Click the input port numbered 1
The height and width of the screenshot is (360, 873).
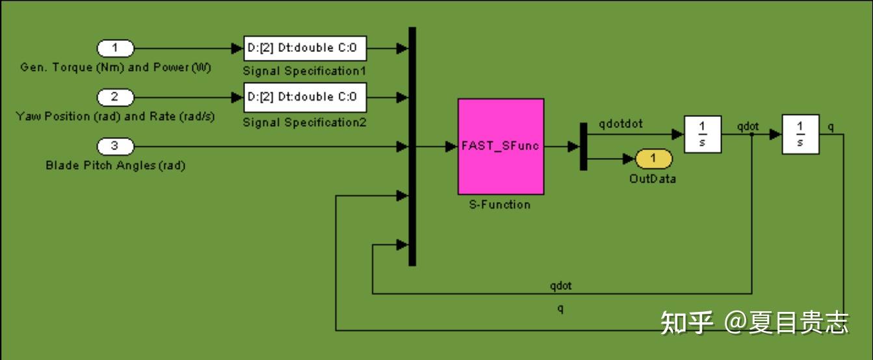tap(115, 48)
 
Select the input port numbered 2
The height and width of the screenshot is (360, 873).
tap(115, 97)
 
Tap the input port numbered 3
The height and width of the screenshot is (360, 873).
tap(115, 147)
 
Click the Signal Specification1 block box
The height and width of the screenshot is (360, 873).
tap(305, 48)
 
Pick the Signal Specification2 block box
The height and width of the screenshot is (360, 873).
tap(305, 97)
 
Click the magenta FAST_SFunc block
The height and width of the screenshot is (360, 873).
tap(501, 146)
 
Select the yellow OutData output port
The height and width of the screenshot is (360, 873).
tap(653, 159)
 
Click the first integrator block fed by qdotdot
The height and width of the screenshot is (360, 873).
tap(703, 135)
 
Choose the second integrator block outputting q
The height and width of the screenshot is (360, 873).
tap(800, 135)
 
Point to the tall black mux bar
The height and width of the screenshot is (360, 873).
tap(412, 146)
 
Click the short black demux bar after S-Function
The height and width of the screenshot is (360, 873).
tap(583, 146)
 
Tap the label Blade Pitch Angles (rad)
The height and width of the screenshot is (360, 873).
tap(115, 166)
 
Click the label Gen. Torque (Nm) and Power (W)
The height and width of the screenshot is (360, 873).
tap(116, 68)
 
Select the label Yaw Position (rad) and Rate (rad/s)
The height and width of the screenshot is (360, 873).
tap(115, 117)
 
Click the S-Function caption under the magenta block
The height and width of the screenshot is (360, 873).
tap(500, 205)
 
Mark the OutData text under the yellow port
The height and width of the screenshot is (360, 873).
tap(653, 179)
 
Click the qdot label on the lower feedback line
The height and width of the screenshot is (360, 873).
tap(560, 286)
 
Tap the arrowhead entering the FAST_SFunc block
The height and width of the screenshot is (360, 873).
tap(451, 147)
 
